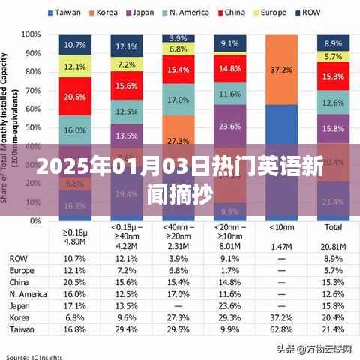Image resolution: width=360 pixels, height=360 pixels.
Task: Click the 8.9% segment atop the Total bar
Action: pyautogui.click(x=333, y=43)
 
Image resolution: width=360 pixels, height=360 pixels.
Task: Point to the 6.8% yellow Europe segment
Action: pyautogui.click(x=178, y=49)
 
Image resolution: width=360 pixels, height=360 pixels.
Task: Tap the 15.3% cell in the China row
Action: pyautogui.click(x=332, y=281)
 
